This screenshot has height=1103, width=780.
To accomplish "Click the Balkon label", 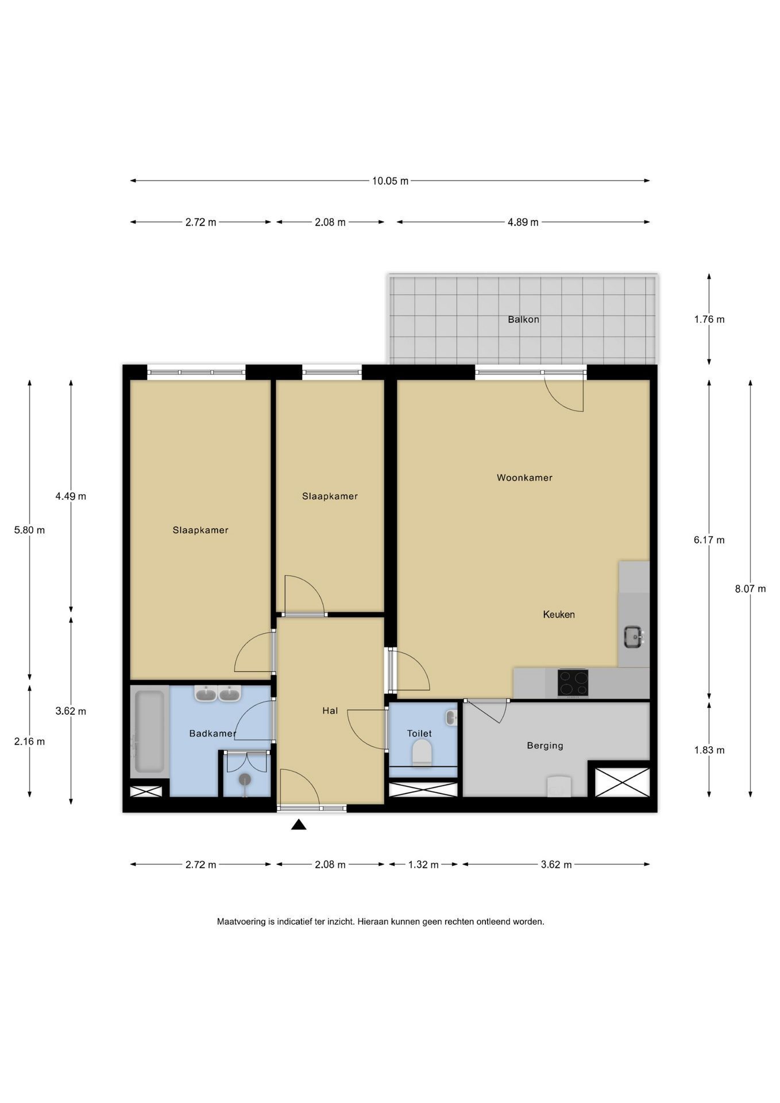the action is coord(523,319).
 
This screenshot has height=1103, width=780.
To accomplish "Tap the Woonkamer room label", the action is coord(524,477).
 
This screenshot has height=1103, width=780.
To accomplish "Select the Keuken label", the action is coord(559,614).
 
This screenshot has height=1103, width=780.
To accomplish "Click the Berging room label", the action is coord(545,746).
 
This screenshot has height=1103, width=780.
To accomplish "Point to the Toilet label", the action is coord(419,733).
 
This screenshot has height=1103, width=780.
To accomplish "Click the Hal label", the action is coord(330,711).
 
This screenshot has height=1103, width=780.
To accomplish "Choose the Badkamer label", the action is coord(213,733).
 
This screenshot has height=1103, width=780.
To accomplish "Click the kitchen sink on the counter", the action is coord(634,637).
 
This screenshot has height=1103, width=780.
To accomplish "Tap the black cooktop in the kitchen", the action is coord(573,682).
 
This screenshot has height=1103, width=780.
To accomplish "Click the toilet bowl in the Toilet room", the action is coord(422,752).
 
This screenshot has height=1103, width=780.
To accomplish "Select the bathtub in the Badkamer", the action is coord(149,731).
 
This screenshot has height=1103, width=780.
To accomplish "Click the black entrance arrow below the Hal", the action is coord(299,825).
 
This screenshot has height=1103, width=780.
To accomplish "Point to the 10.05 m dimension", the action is coord(390,181).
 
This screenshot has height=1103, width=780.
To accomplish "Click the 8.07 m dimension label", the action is coord(750,588).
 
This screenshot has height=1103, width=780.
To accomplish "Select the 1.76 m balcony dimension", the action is coord(709,319).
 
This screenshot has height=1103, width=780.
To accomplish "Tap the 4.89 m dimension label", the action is coord(523,222).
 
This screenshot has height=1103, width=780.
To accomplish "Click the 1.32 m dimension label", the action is coord(423,865).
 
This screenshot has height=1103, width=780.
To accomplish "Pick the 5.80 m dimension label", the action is coord(29,530).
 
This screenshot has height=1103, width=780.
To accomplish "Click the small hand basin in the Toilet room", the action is coord(451,717).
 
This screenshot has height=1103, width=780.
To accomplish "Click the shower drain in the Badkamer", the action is coord(245,780).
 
